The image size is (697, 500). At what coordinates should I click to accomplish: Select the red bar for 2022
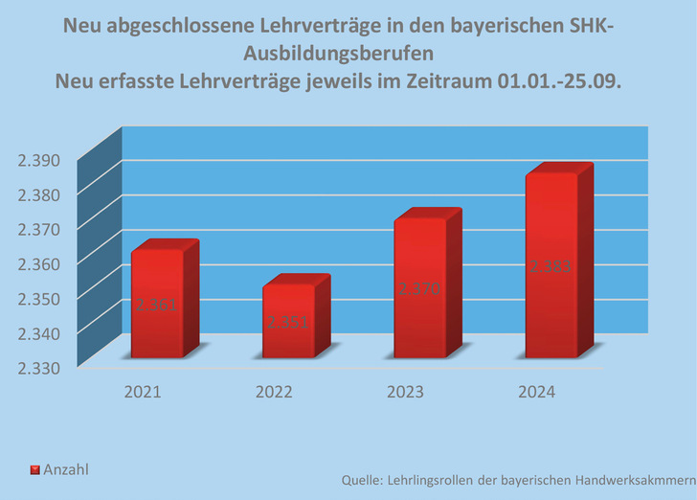tap(289, 322)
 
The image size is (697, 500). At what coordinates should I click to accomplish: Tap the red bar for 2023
tap(420, 288)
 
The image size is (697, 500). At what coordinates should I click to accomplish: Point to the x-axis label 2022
tap(274, 392)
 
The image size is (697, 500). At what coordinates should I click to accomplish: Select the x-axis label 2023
tap(405, 392)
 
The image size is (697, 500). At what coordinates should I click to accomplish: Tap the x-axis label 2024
tap(536, 392)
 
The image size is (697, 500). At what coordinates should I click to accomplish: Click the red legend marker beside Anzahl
tap(34, 470)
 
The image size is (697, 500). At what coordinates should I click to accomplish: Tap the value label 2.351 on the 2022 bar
tap(288, 322)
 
